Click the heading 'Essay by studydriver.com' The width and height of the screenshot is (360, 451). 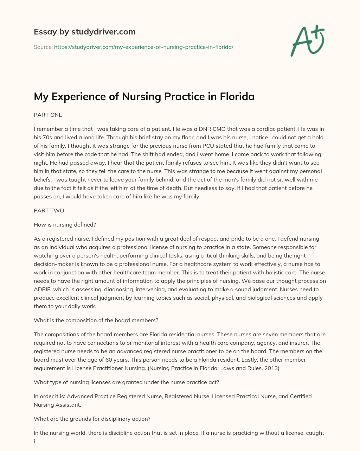(84, 32)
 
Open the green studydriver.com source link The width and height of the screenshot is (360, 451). (144, 47)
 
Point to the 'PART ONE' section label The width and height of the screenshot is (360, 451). (48, 115)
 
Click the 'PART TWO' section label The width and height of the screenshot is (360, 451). (49, 211)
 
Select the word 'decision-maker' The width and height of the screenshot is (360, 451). (52, 264)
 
